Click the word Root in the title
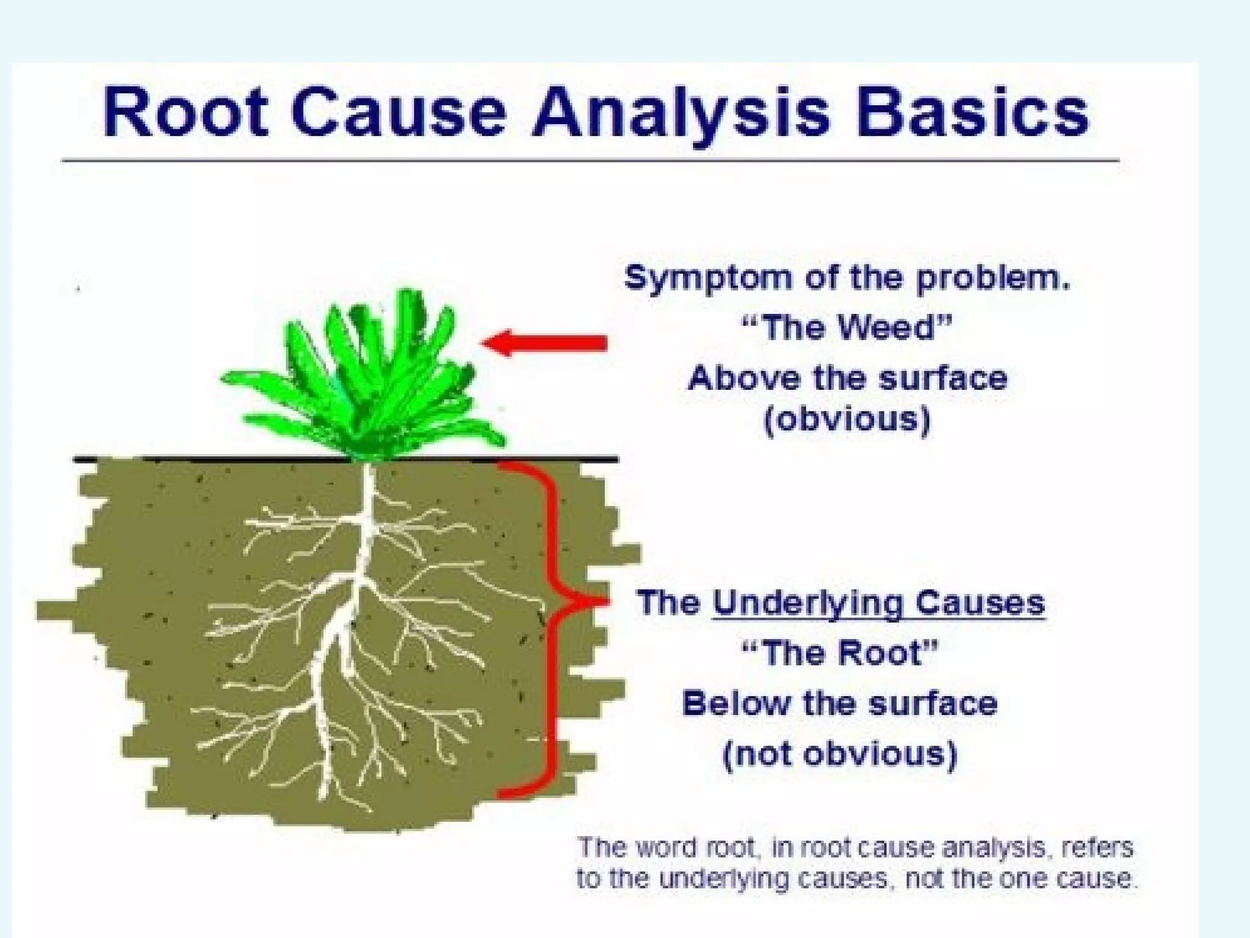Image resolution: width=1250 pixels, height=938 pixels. pyautogui.click(x=185, y=114)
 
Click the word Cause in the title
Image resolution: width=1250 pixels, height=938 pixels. pyautogui.click(x=397, y=114)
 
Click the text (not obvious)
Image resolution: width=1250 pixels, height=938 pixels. pyautogui.click(x=840, y=754)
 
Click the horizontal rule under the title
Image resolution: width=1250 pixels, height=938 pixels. pyautogui.click(x=591, y=161)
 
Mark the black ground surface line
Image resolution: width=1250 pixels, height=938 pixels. pyautogui.click(x=183, y=459)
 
